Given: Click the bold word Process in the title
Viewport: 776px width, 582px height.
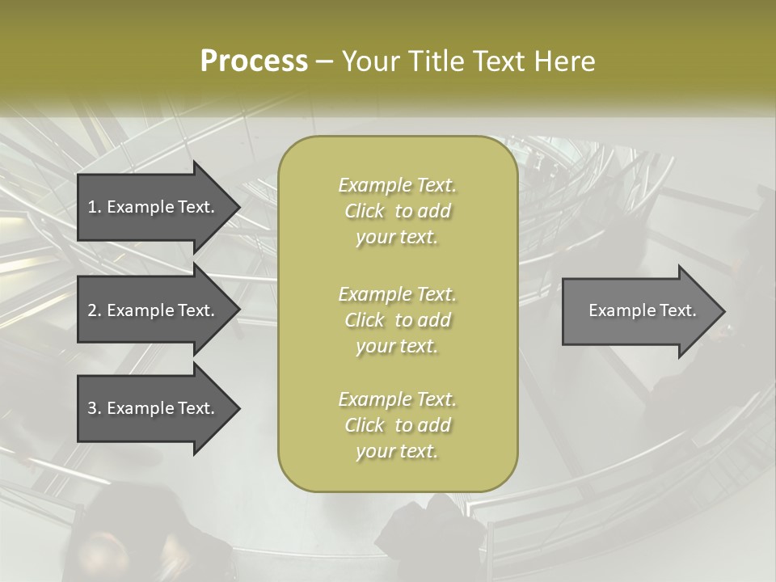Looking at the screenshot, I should click(254, 61).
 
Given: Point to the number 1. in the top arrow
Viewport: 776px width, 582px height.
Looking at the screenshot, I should click(95, 207).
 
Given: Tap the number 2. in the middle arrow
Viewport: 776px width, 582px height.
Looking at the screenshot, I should click(95, 310).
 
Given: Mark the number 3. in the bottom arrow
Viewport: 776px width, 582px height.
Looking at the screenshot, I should click(95, 408).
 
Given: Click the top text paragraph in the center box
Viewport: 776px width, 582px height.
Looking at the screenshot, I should click(398, 211).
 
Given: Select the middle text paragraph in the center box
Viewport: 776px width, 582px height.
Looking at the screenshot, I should click(398, 319).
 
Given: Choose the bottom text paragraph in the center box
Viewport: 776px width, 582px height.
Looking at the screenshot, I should click(398, 425).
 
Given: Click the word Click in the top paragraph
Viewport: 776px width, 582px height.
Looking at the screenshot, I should click(365, 212).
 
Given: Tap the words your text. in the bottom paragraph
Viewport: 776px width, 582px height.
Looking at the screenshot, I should click(397, 452).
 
